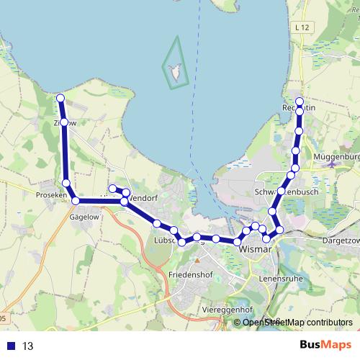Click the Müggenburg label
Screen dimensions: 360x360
pos(336,156)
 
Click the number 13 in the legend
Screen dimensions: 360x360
pos(27,346)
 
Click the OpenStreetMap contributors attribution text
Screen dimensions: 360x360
pos(297,323)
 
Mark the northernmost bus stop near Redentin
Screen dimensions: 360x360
pos(300,101)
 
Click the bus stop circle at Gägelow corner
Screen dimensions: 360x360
pos(76,201)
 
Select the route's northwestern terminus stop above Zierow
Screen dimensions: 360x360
pos(60,98)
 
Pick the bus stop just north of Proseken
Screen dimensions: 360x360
pos(67,184)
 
